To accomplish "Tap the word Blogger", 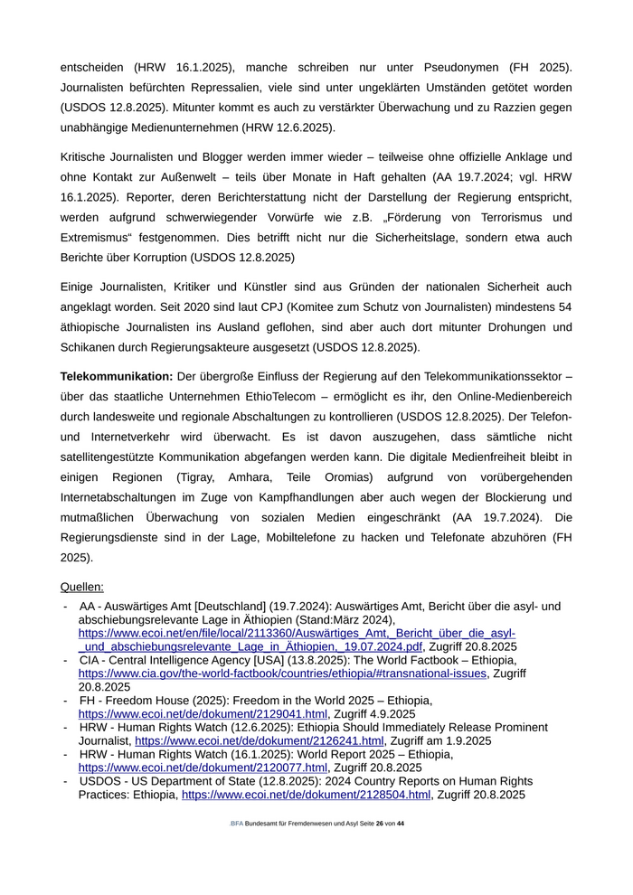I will click(x=211, y=157).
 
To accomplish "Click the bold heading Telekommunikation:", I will click(x=116, y=376).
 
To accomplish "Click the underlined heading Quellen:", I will click(x=81, y=587).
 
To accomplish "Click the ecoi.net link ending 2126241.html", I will click(x=259, y=740).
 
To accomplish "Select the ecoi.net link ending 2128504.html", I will click(x=306, y=795).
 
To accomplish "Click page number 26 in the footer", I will click(x=380, y=824).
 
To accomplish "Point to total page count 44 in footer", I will click(x=401, y=824).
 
